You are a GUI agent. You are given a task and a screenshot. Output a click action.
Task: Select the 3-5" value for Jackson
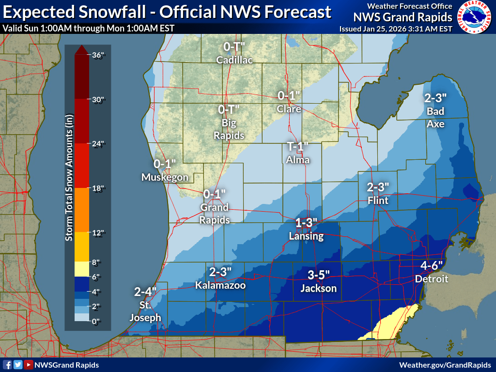(318, 275)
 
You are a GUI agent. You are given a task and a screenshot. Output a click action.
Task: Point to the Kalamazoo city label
(220, 285)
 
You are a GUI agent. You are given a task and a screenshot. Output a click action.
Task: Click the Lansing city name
(306, 236)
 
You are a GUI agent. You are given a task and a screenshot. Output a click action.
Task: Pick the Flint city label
(378, 200)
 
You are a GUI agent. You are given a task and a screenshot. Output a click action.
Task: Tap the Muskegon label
(165, 177)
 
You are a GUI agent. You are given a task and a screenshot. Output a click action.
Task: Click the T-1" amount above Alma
(297, 147)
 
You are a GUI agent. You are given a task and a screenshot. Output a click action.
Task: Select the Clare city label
(289, 109)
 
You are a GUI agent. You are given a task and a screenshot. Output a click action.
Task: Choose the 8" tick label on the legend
(96, 263)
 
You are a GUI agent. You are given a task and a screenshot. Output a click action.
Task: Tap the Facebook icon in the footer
(7, 365)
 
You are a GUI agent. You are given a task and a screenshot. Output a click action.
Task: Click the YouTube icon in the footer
(29, 365)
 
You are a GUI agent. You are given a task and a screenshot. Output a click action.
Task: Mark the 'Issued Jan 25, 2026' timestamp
(396, 29)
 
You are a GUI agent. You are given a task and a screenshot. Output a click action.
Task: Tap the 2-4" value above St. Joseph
(145, 292)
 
